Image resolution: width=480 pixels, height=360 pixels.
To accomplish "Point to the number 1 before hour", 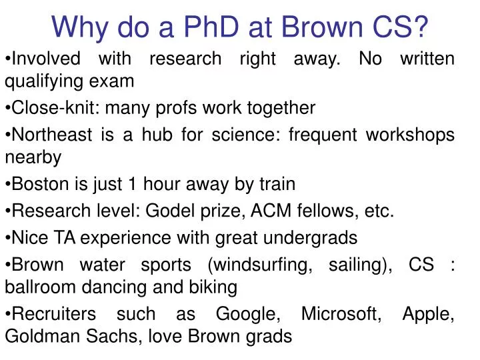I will [x=137, y=183].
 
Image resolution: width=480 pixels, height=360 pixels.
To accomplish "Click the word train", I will [x=277, y=183].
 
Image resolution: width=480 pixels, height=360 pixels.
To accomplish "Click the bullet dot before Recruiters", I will [x=8, y=314].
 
